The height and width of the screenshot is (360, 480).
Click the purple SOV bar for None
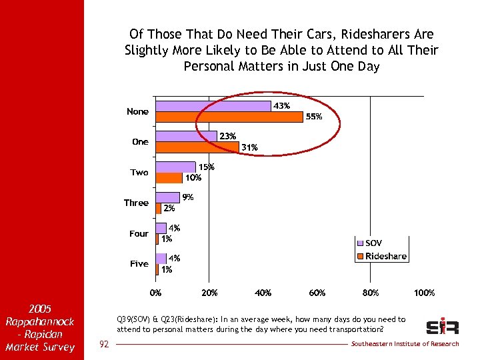coord(213,106)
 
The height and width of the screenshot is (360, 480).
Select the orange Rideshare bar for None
coord(229,117)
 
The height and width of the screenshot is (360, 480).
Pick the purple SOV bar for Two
coord(175,167)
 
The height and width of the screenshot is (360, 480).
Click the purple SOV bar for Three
coord(167,197)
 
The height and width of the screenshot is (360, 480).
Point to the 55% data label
coord(314,117)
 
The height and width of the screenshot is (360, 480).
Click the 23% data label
coord(228,136)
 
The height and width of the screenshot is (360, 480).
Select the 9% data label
coord(188,197)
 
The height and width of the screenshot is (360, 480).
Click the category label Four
coord(139,233)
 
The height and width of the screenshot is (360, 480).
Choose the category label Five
coord(139,264)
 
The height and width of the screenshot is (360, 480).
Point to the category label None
coord(137,111)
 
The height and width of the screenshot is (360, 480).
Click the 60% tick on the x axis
coord(317,293)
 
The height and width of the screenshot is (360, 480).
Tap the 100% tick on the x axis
coord(424,293)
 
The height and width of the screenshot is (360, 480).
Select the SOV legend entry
coord(373,243)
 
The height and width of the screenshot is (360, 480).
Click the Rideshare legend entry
coord(385,256)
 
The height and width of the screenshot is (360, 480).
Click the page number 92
coord(103,344)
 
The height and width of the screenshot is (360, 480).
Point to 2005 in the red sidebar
coord(41,309)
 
